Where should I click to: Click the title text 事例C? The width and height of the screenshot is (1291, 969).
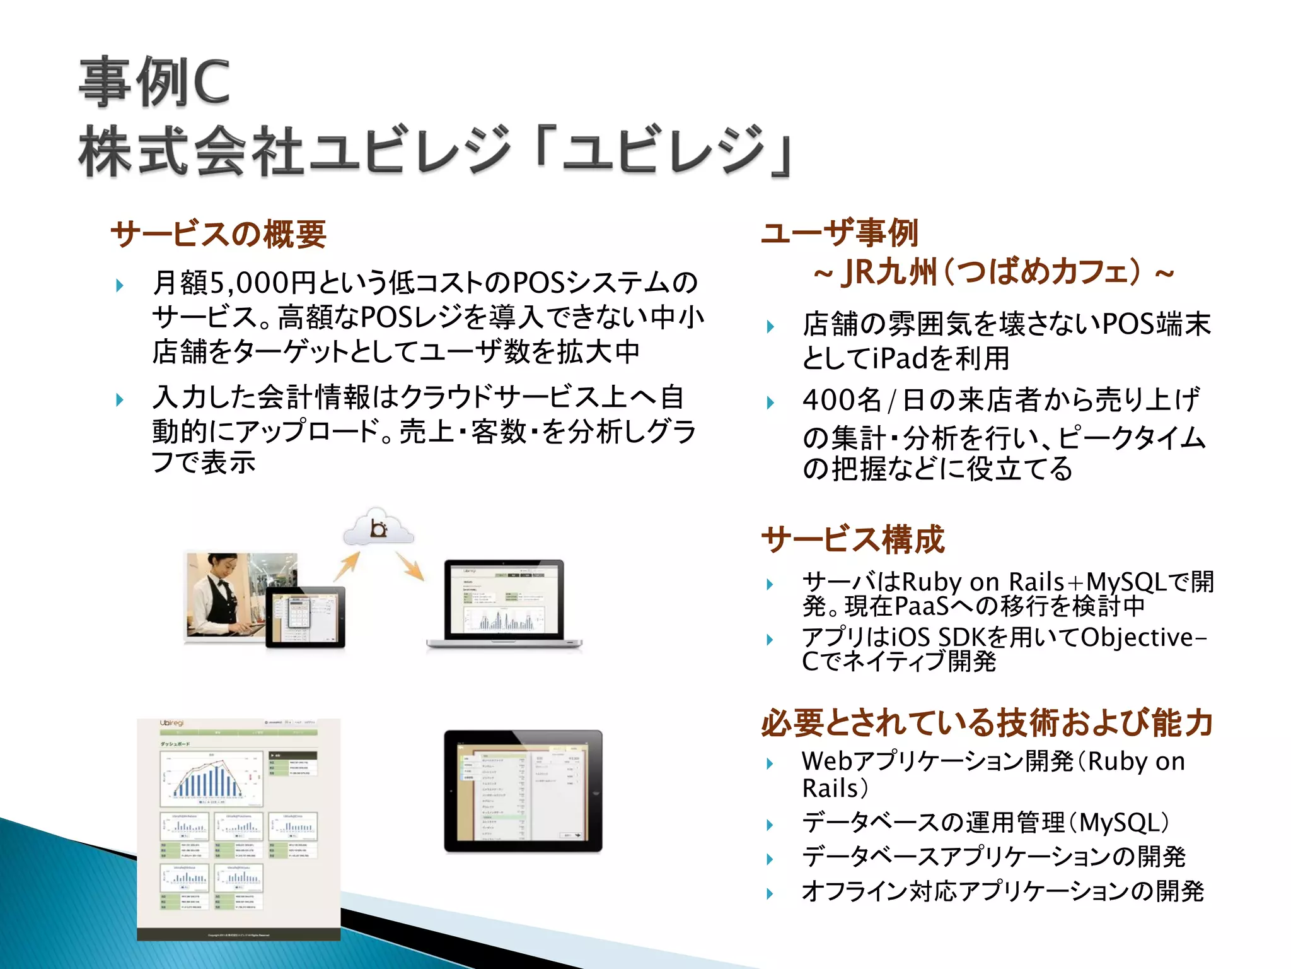click(x=154, y=82)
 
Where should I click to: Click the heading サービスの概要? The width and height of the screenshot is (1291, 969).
click(x=218, y=234)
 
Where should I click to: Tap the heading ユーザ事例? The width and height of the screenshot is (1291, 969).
click(x=840, y=233)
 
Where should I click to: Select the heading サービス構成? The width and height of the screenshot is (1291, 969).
click(x=853, y=540)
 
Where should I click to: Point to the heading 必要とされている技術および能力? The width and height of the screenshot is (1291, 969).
click(x=987, y=723)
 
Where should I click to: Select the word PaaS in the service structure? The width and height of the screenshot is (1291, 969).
click(x=921, y=606)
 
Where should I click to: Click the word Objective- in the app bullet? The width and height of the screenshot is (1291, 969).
click(x=1143, y=638)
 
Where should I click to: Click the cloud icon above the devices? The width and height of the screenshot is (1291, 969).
click(x=378, y=527)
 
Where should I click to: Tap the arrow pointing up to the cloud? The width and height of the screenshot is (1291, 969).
click(x=347, y=566)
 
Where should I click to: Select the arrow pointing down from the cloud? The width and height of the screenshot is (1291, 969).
click(x=410, y=566)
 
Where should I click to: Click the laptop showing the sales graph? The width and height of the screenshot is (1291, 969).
click(x=504, y=604)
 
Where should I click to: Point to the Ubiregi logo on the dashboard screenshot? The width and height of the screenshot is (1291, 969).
click(x=171, y=723)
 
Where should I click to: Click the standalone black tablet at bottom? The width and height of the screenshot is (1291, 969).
click(x=523, y=791)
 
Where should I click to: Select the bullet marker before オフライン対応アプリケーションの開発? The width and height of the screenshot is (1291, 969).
click(x=770, y=893)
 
